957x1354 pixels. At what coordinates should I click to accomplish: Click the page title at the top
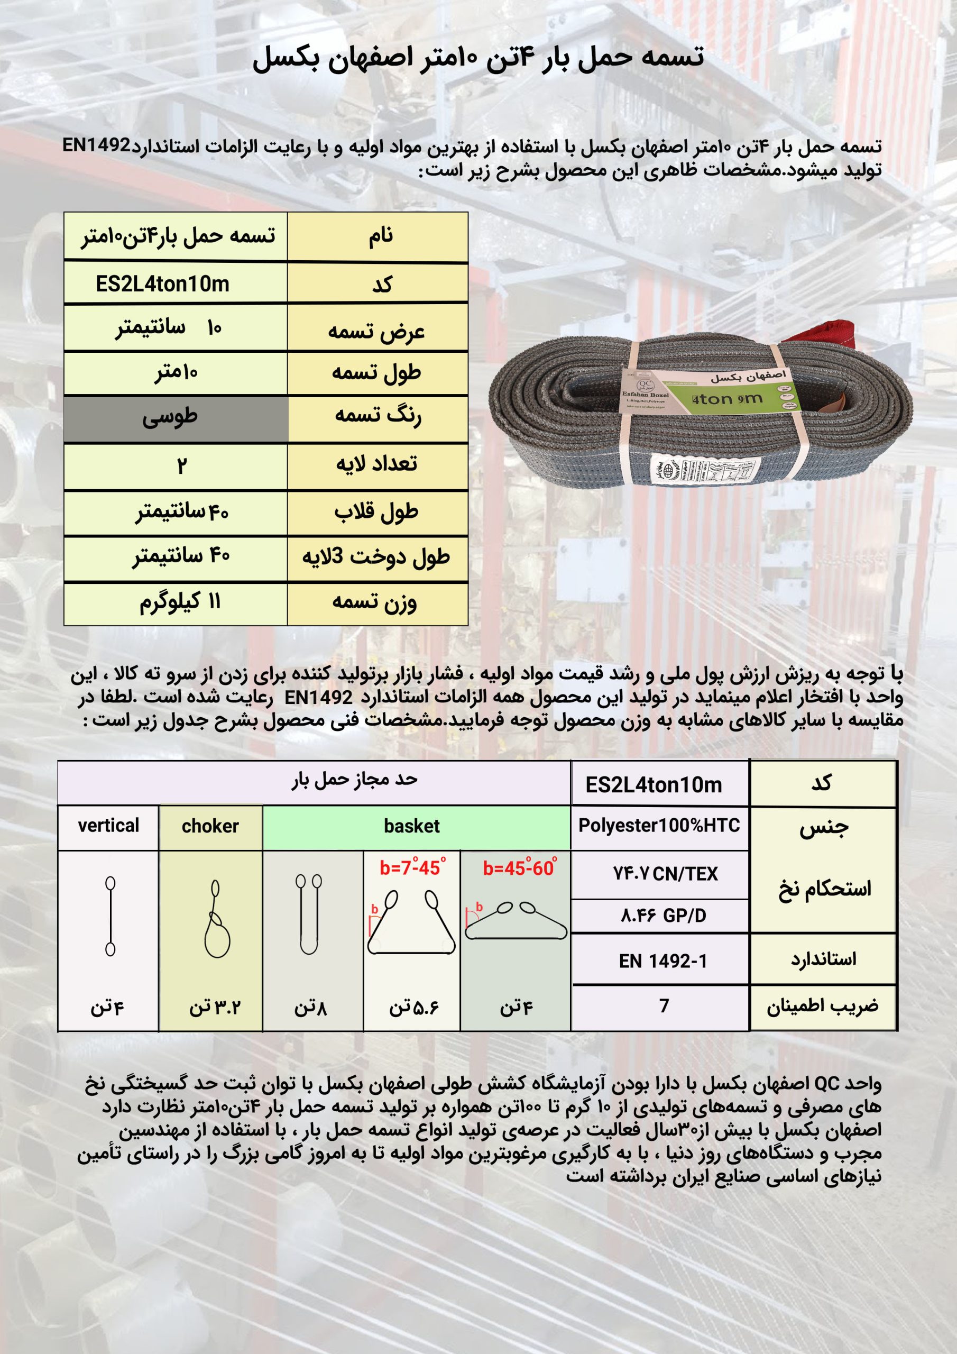478,59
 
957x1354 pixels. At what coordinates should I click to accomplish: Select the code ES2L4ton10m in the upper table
163,284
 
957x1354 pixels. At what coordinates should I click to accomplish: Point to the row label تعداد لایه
377,464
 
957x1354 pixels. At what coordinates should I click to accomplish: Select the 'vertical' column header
108,826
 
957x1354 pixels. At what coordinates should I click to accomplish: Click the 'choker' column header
210,826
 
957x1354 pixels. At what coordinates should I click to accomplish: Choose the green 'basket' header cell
411,826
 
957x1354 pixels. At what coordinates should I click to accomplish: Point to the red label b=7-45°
412,867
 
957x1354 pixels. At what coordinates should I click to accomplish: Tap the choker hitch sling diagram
216,919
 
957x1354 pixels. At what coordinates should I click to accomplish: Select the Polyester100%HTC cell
659,826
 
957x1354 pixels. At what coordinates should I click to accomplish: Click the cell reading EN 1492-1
663,961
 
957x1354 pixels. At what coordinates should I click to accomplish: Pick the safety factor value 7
664,1005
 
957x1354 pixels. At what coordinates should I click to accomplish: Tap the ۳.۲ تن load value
215,1007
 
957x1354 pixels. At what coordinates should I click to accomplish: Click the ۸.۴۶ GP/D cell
663,916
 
